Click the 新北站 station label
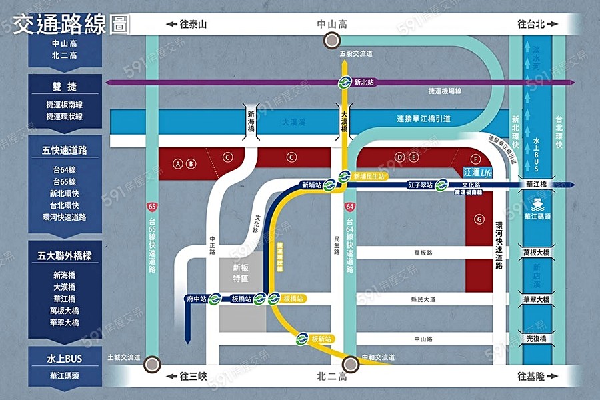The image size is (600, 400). coord(364,83)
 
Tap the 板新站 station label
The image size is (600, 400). coord(322,339)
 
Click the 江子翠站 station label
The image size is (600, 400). coord(421,185)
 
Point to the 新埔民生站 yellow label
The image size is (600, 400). coord(369,176)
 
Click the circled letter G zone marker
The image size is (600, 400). coord(479,219)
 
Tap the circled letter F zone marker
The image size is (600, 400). coord(475,159)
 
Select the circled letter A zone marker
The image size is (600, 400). coord(177,163)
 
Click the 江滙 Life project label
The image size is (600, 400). coord(478,172)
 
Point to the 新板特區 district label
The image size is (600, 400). coord(241,273)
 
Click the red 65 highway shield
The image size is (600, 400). coord(153,207)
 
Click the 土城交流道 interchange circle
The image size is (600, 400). coord(153,364)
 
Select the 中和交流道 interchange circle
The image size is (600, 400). coord(349,364)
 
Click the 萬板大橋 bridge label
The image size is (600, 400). coord(536,253)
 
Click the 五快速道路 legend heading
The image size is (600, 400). coord(65,149)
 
